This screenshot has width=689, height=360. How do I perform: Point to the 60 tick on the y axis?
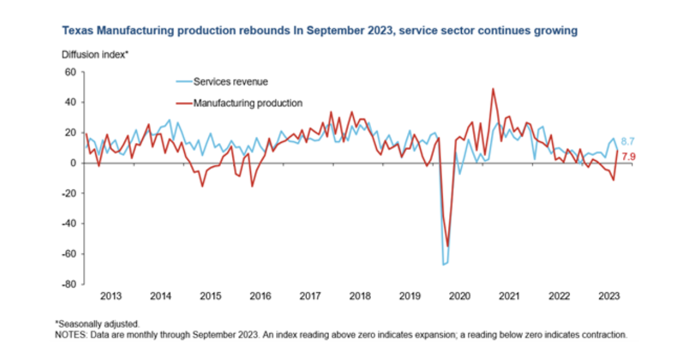pyautogui.click(x=71, y=72)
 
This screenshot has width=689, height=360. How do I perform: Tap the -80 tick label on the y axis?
pyautogui.click(x=69, y=284)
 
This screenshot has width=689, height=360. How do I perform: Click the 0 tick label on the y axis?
pyautogui.click(x=73, y=163)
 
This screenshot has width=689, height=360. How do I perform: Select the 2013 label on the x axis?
pyautogui.click(x=111, y=296)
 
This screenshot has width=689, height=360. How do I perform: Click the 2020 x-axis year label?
pyautogui.click(x=459, y=296)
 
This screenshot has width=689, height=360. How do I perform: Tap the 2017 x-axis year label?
pyautogui.click(x=310, y=296)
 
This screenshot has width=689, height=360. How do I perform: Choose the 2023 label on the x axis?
pyautogui.click(x=609, y=296)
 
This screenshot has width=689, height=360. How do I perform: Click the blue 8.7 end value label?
pyautogui.click(x=628, y=142)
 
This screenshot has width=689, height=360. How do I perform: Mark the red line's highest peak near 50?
pyautogui.click(x=493, y=88)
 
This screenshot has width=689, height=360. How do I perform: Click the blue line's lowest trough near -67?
pyautogui.click(x=443, y=265)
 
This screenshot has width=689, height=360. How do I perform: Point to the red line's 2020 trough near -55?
pyautogui.click(x=448, y=246)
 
